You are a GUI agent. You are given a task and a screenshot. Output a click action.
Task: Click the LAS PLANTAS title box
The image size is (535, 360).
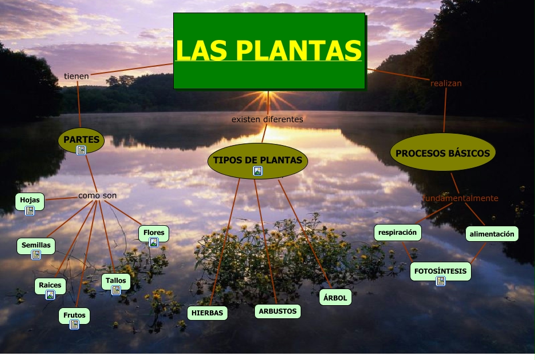pyautogui.click(x=269, y=51)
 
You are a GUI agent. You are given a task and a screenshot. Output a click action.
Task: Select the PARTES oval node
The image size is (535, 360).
pyautogui.click(x=82, y=139)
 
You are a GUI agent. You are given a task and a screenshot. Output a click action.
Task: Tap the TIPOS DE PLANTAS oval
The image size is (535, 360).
pyautogui.click(x=257, y=161)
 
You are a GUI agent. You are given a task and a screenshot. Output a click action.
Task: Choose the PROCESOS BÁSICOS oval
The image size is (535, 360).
pyautogui.click(x=442, y=153)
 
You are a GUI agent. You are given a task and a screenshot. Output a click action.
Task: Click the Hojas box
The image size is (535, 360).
pyautogui.click(x=30, y=201)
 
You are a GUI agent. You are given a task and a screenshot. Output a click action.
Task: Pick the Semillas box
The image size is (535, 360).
pyautogui.click(x=36, y=246)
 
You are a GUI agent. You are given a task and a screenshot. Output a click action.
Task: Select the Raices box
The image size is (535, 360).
pyautogui.click(x=50, y=285)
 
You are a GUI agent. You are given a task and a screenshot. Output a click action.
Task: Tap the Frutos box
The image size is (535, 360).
pyautogui.click(x=74, y=315)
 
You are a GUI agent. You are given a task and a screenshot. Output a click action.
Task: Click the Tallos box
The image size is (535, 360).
pyautogui.click(x=116, y=281)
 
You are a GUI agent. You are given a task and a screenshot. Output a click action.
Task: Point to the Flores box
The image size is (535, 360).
pyautogui.click(x=154, y=233)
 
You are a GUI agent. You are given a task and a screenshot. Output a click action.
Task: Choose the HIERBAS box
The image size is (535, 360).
pyautogui.click(x=207, y=313)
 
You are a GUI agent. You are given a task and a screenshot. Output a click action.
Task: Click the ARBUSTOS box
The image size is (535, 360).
pyautogui.click(x=278, y=311)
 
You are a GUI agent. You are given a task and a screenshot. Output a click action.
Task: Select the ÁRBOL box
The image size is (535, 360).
pyautogui.click(x=336, y=298)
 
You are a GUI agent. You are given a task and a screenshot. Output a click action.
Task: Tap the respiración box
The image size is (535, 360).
pyautogui.click(x=398, y=233)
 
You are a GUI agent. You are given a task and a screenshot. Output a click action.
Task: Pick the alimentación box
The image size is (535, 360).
pyautogui.click(x=492, y=234)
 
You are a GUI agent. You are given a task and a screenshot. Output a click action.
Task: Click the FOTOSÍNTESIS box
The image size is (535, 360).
pyautogui.click(x=440, y=271)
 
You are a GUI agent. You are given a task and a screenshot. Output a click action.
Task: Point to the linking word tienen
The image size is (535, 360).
pyautogui.click(x=76, y=76)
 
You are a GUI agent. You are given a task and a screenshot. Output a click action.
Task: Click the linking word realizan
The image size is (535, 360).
pyautogui.click(x=446, y=83)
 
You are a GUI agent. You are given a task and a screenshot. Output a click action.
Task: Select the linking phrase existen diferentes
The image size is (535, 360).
pyautogui.click(x=267, y=119)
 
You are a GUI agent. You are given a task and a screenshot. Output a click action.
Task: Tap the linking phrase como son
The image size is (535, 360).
pyautogui.click(x=97, y=195)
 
